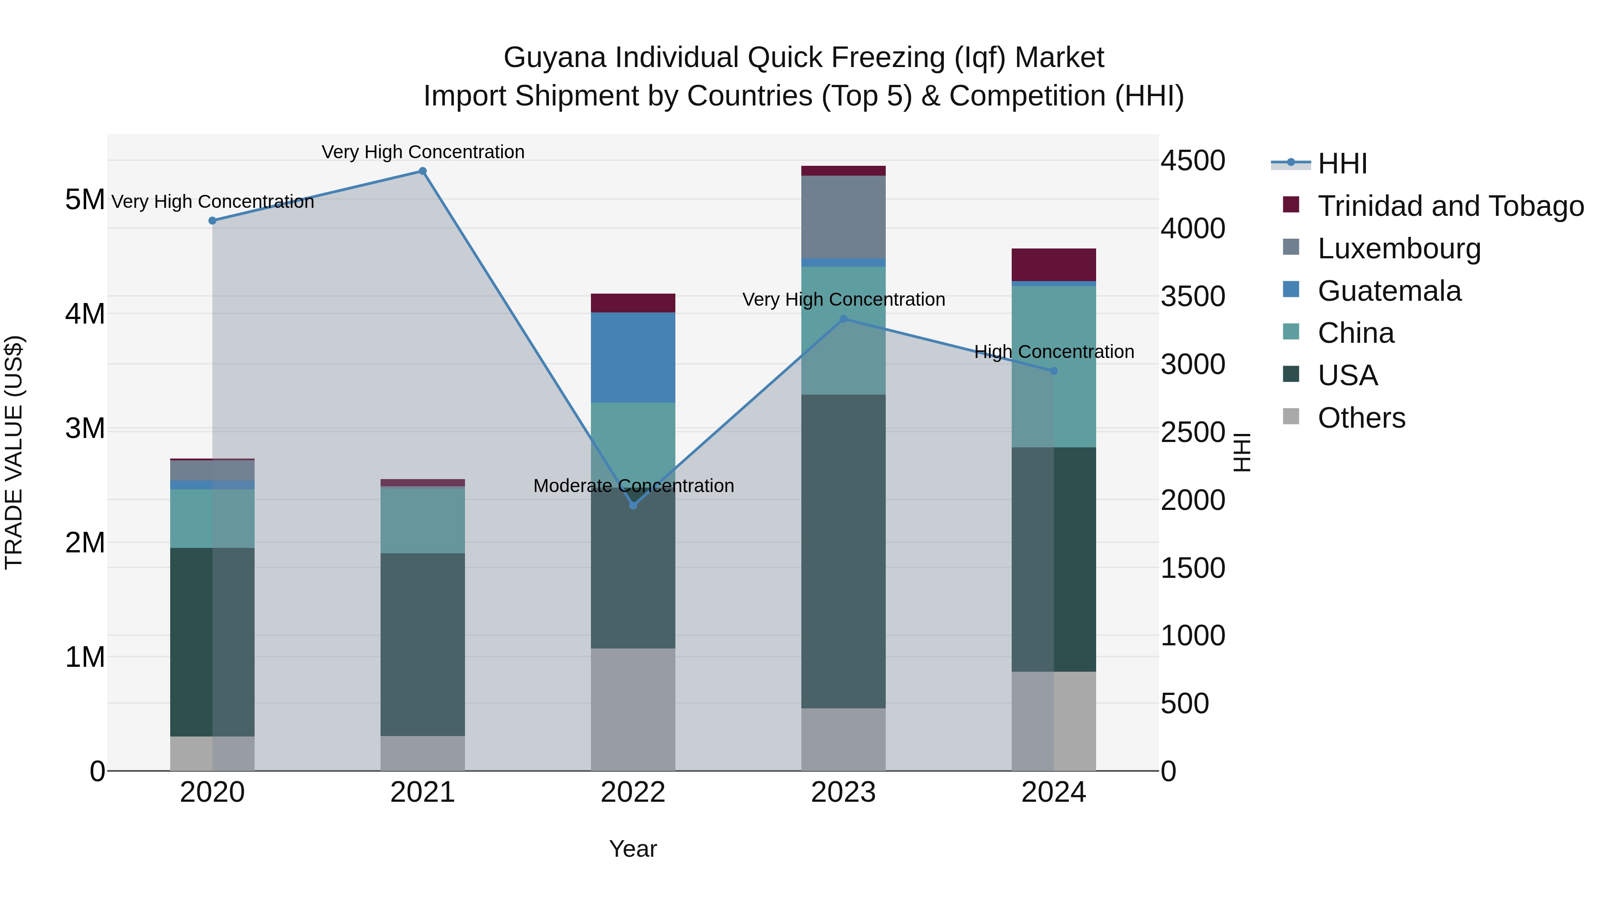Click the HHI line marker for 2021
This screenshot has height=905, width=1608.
pyautogui.click(x=423, y=171)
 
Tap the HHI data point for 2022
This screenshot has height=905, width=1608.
pyautogui.click(x=633, y=505)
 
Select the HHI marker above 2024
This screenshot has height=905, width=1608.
pyautogui.click(x=1054, y=371)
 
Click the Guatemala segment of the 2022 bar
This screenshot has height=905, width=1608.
pyautogui.click(x=633, y=357)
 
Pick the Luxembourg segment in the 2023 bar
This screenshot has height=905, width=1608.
pyautogui.click(x=843, y=217)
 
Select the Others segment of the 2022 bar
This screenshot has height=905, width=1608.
pyautogui.click(x=633, y=709)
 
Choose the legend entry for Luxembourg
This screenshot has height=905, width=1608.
pyautogui.click(x=1398, y=248)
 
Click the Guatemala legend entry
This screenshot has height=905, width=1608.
pyautogui.click(x=1389, y=291)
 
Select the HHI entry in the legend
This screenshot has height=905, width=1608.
pyautogui.click(x=1342, y=164)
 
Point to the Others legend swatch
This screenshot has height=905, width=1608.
pyautogui.click(x=1291, y=417)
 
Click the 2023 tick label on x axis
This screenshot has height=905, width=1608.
pyautogui.click(x=843, y=792)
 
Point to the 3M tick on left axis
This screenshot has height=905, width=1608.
pyautogui.click(x=85, y=429)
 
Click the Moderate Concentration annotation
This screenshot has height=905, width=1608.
pyautogui.click(x=633, y=485)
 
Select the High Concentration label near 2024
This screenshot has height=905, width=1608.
pyautogui.click(x=1054, y=352)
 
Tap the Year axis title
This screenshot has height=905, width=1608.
pyautogui.click(x=633, y=849)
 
